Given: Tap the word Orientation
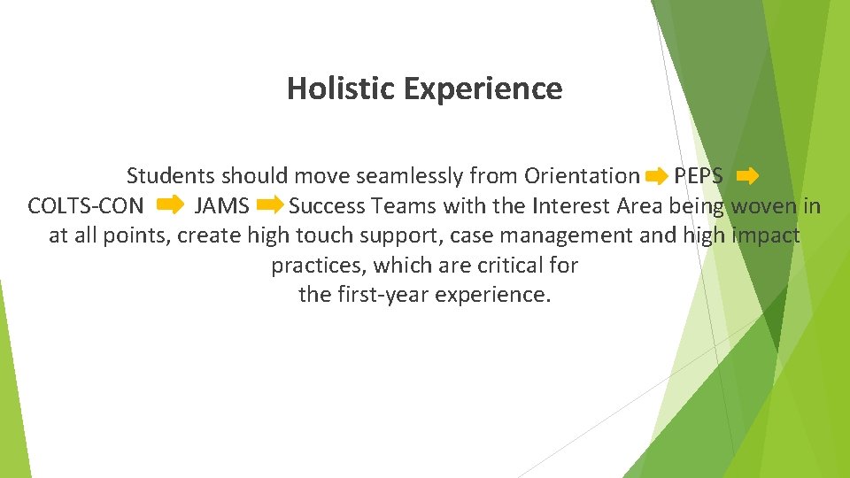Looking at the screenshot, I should coord(582,176).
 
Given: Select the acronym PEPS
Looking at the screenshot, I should coord(699,176).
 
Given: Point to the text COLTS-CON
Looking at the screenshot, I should coord(85,206).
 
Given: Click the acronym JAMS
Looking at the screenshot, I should coord(221,206).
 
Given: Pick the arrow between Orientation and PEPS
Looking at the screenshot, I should coord(656,177).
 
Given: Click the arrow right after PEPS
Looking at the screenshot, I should coord(746,176).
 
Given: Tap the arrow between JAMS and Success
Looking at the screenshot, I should coord(269,206).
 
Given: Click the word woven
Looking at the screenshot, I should coord(761,206).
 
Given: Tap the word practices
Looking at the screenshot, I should coord(319,266).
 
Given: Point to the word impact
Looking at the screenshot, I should coord(766,236).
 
